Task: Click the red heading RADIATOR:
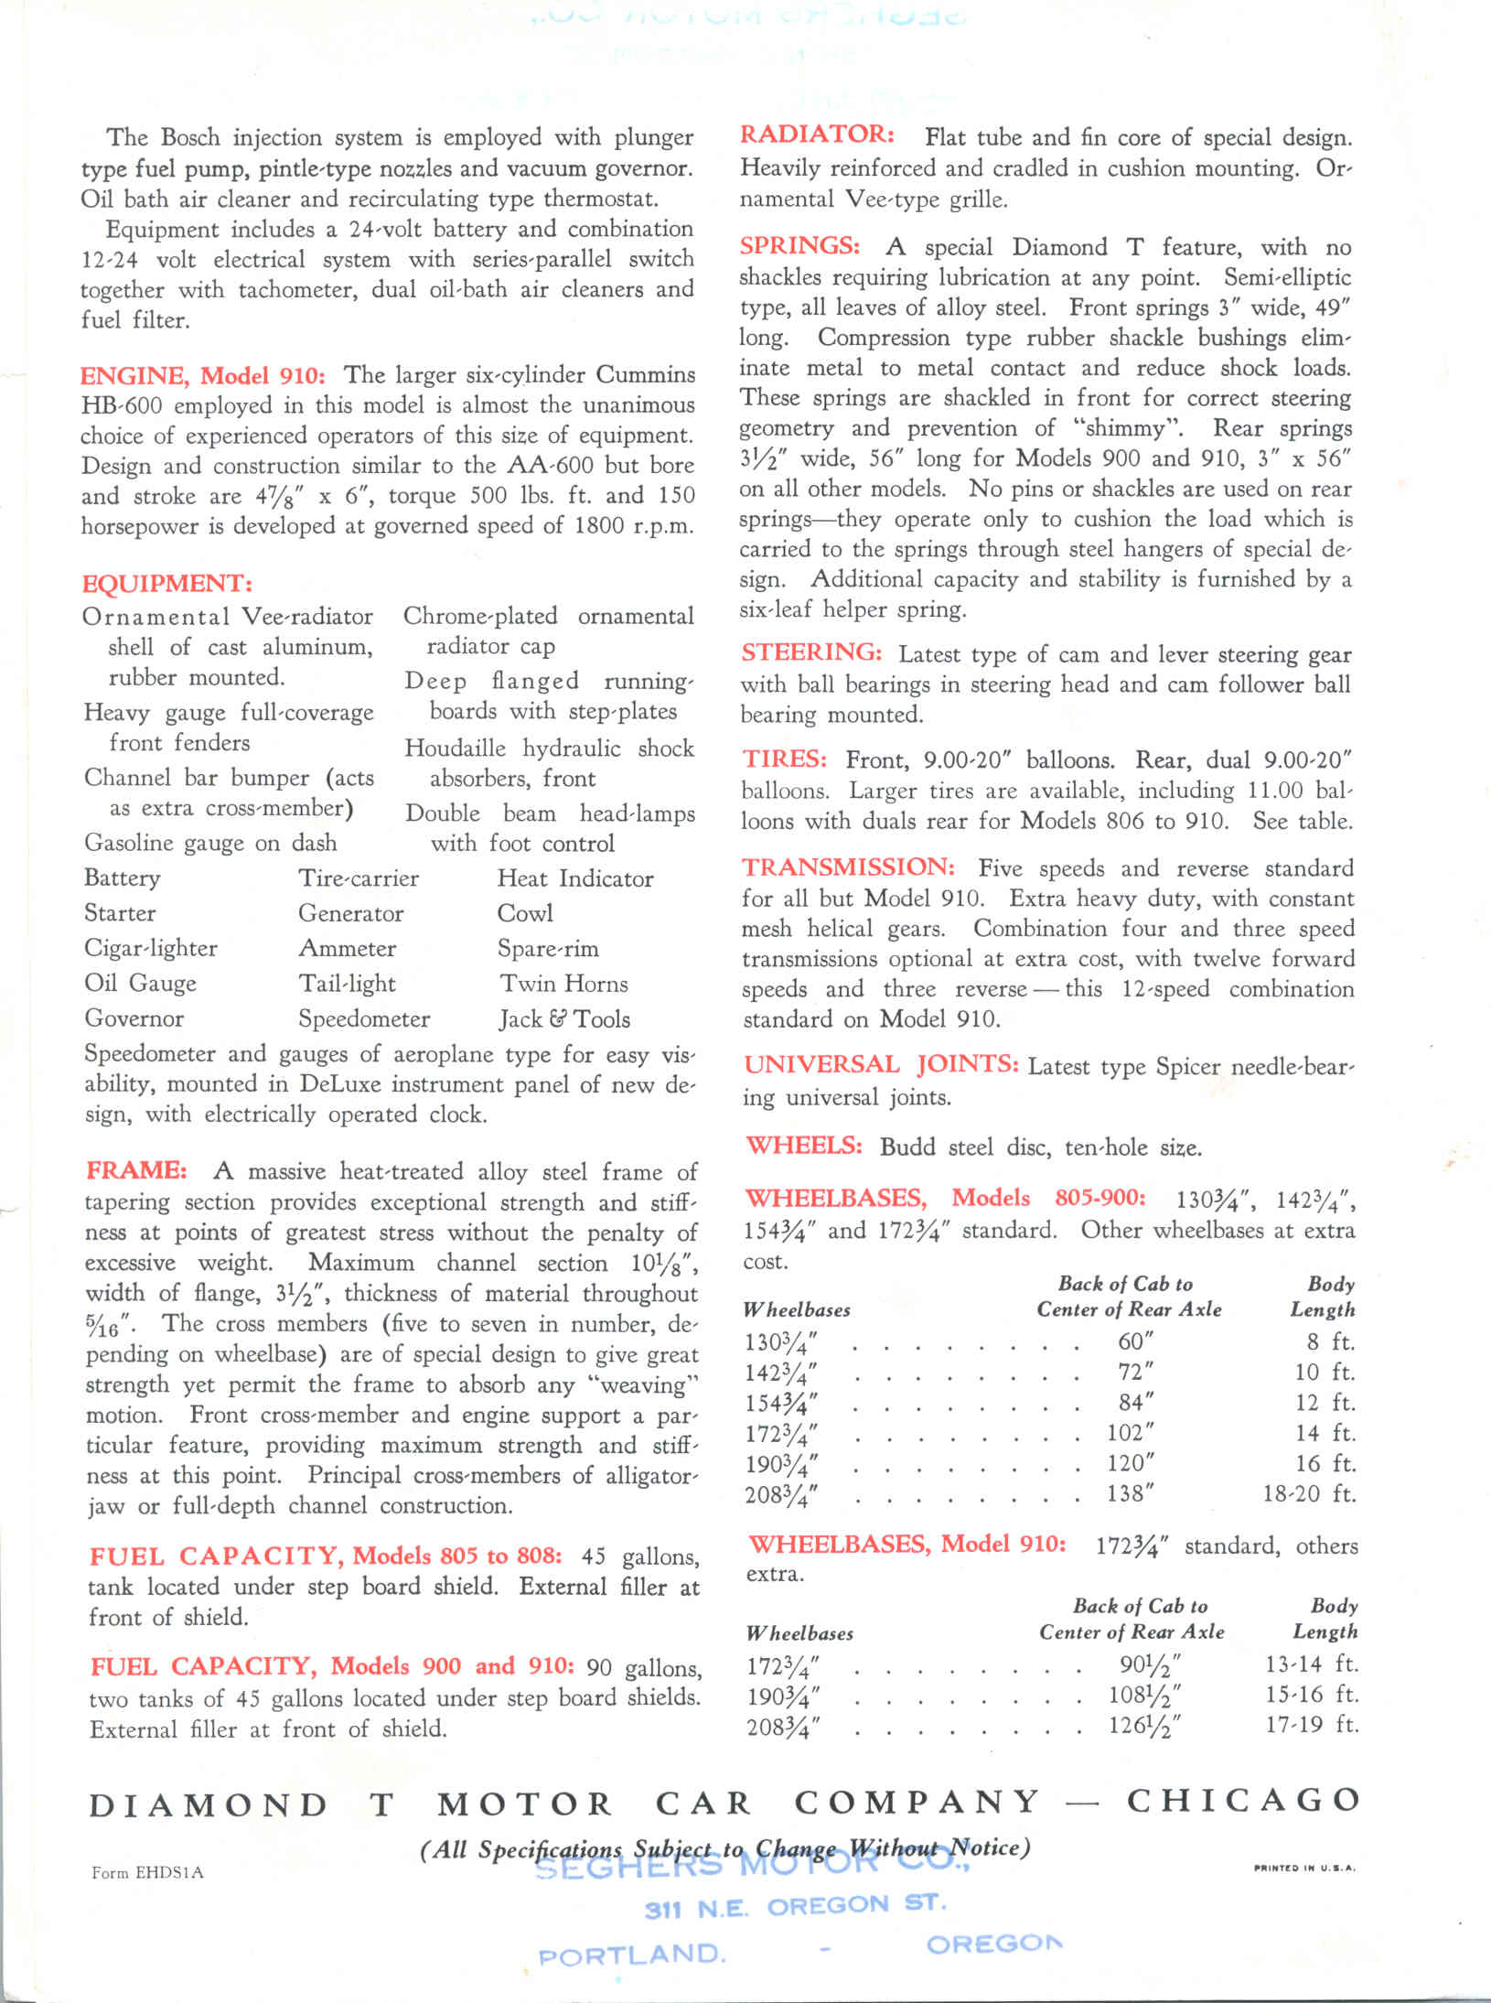[817, 135]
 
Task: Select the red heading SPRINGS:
[799, 246]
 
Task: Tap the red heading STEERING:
[811, 653]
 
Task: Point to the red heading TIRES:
[784, 759]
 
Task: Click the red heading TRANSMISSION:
[848, 867]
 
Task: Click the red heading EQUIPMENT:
[166, 584]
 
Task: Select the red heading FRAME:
[136, 1170]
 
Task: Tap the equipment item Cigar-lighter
[151, 948]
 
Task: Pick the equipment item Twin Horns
[563, 984]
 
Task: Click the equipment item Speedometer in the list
[364, 1018]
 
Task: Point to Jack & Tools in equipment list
[563, 1018]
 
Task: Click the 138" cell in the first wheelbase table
[1130, 1493]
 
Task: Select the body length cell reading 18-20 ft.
[1308, 1493]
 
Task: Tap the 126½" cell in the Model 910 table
[1143, 1725]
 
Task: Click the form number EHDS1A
[147, 1872]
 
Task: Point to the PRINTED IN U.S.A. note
[1304, 1868]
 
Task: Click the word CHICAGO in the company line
[1243, 1801]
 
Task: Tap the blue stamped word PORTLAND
[632, 1955]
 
